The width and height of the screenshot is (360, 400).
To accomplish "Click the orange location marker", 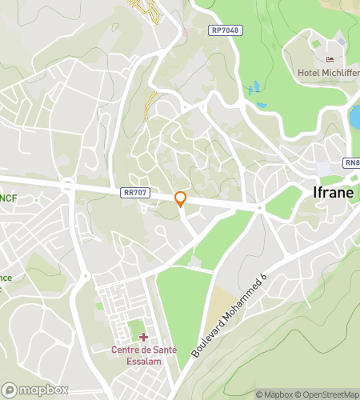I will pos(181,199).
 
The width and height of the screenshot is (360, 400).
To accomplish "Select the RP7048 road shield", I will pos(226,30).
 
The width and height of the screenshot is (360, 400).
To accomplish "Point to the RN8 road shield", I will pos(352,162).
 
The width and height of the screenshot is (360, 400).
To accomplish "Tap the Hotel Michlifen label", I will pos(328,73).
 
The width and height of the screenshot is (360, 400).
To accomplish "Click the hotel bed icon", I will pos(330,58).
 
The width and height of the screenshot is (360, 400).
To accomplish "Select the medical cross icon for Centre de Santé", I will pos(143,338).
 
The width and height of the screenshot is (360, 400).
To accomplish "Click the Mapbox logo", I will pos(35,390).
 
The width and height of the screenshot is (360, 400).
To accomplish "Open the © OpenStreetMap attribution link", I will pos(327,394).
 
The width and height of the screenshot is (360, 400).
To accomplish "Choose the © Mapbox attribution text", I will pos(274,394).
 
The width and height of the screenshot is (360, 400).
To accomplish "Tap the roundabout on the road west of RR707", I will pos(69,186).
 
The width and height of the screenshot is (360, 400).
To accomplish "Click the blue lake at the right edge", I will pos(355,118).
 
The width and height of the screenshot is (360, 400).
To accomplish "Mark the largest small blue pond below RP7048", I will pos(254,86).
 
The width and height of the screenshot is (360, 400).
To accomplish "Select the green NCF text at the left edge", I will pos(8,198).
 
